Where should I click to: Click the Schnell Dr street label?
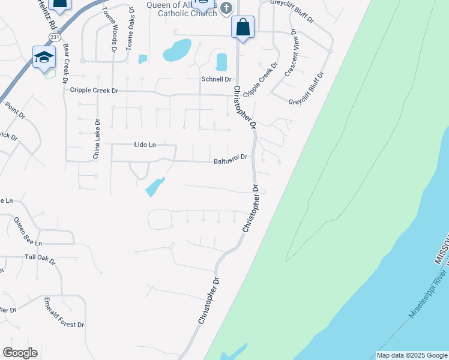[217, 79]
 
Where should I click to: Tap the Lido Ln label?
[144, 145]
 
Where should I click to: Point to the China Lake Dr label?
[96, 140]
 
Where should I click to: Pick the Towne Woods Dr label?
[111, 33]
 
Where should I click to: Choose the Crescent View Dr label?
[291, 53]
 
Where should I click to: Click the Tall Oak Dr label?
[40, 260]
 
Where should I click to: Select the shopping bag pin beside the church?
[243, 27]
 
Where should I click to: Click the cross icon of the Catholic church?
[226, 8]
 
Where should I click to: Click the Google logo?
[20, 353]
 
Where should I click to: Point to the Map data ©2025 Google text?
[411, 356]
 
